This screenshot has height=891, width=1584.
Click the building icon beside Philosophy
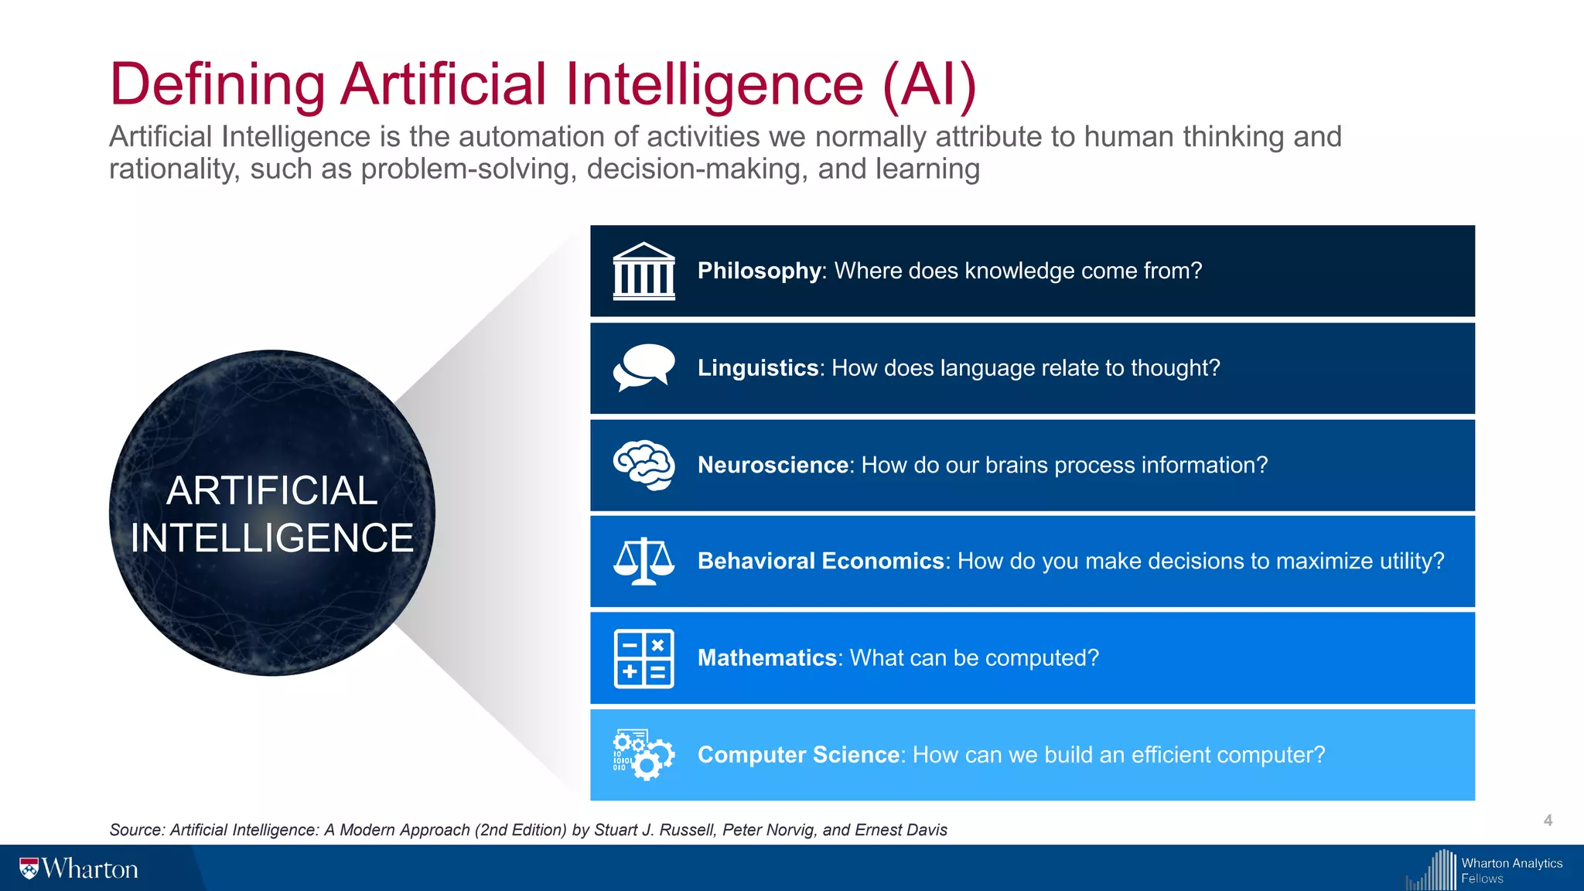pyautogui.click(x=643, y=271)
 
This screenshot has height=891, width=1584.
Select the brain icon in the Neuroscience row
pyautogui.click(x=643, y=465)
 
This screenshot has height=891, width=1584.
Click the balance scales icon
pyautogui.click(x=643, y=562)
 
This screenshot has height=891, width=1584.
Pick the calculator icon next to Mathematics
pyautogui.click(x=643, y=658)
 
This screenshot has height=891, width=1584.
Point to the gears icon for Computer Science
pyautogui.click(x=643, y=755)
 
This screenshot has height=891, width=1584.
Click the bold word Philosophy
pyautogui.click(x=759, y=271)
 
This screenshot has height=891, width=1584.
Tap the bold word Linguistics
pyautogui.click(x=758, y=367)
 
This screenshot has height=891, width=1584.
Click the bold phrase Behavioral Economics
pyautogui.click(x=821, y=561)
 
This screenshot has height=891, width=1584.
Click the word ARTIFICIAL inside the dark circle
pyautogui.click(x=272, y=490)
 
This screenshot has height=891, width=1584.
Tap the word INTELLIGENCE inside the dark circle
pyautogui.click(x=272, y=538)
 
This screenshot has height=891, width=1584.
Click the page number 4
pyautogui.click(x=1548, y=821)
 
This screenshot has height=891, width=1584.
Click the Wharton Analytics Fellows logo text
pyautogui.click(x=1511, y=870)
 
